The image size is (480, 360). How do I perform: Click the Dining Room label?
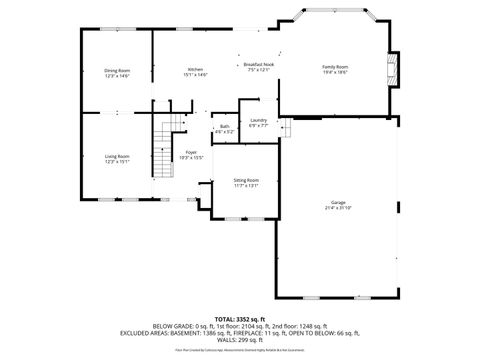coord(118,70)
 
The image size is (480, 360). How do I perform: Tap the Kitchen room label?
coord(194,70)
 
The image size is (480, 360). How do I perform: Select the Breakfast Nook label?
coord(259,64)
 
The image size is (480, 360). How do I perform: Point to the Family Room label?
coord(335,67)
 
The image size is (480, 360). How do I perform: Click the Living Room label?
coord(118,156)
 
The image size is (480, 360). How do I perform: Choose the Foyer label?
coord(190,152)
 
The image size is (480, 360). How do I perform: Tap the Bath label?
coord(224,127)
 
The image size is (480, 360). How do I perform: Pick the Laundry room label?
coord(259,121)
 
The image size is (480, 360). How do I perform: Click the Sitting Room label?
coord(246,180)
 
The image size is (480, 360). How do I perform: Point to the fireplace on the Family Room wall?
coord(393,69)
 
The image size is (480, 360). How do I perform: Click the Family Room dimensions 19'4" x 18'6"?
coord(335,73)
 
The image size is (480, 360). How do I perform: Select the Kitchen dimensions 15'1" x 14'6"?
coord(194,76)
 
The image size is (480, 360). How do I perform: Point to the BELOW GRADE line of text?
coord(240,326)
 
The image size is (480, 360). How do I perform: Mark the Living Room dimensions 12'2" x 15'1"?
coord(118,162)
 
